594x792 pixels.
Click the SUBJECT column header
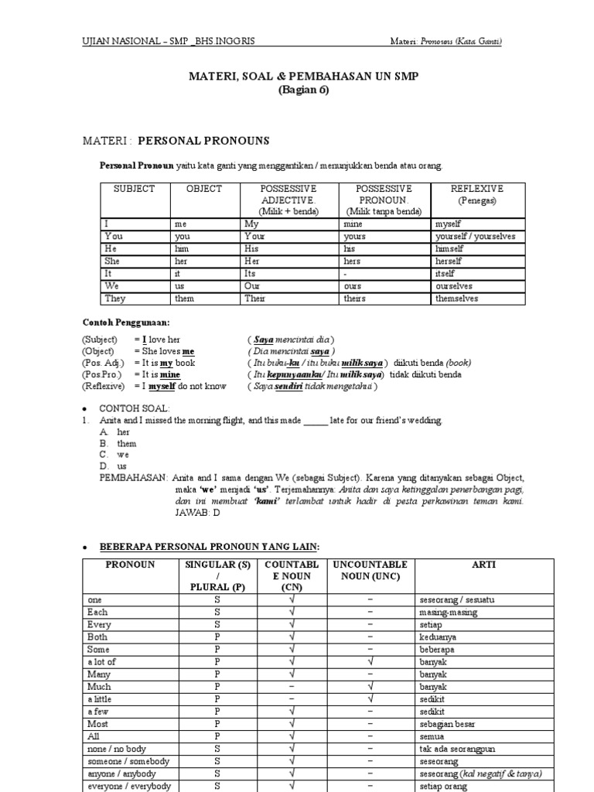click(x=135, y=189)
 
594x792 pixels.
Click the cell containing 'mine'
click(x=356, y=224)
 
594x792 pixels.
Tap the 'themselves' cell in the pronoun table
click(x=456, y=299)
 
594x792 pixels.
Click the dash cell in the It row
click(x=349, y=274)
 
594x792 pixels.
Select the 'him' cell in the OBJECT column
click(x=183, y=249)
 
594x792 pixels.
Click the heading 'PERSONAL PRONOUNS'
click(x=203, y=141)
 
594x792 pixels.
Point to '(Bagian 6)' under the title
click(x=303, y=90)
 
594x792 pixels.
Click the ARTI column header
click(x=484, y=565)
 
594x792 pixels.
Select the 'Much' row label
click(x=99, y=687)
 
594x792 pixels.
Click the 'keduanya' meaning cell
click(x=438, y=637)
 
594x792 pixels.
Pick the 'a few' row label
click(x=99, y=712)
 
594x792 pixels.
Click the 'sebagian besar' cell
click(x=446, y=725)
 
